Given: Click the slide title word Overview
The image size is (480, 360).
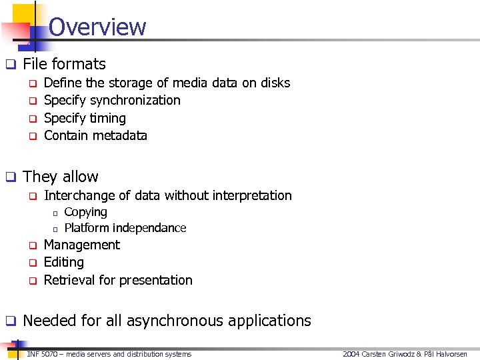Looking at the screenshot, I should [97, 27].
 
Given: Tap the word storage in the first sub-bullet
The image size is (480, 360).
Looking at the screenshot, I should [129, 83].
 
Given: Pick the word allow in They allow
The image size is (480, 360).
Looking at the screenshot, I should [80, 177].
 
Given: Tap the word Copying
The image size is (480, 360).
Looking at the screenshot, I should [85, 212].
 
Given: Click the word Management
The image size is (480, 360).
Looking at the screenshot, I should [81, 245].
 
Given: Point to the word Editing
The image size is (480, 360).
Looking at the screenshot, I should [63, 262].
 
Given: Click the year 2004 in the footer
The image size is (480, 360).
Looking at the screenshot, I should [351, 354].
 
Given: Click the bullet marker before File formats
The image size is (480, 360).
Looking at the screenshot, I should [11, 65].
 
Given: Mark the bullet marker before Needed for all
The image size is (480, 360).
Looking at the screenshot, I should [11, 321].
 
